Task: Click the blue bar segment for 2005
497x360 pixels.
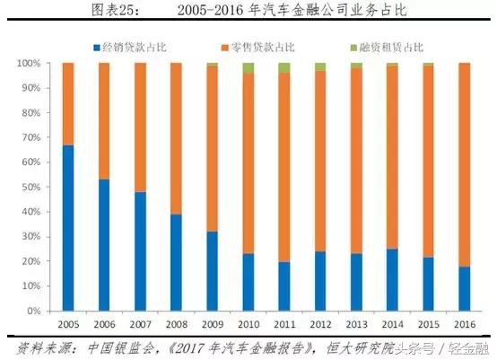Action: [68, 228]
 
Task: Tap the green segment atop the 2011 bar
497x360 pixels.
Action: [283, 68]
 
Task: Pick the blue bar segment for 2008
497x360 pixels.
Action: [176, 262]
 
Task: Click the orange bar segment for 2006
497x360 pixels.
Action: [104, 121]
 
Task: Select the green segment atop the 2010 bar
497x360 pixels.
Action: [248, 68]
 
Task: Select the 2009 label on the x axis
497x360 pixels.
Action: [212, 323]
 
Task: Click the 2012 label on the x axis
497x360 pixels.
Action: [320, 323]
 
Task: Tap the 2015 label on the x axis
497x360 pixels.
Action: [428, 323]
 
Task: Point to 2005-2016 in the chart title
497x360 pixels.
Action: [222, 10]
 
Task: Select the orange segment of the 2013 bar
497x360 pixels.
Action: [356, 161]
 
